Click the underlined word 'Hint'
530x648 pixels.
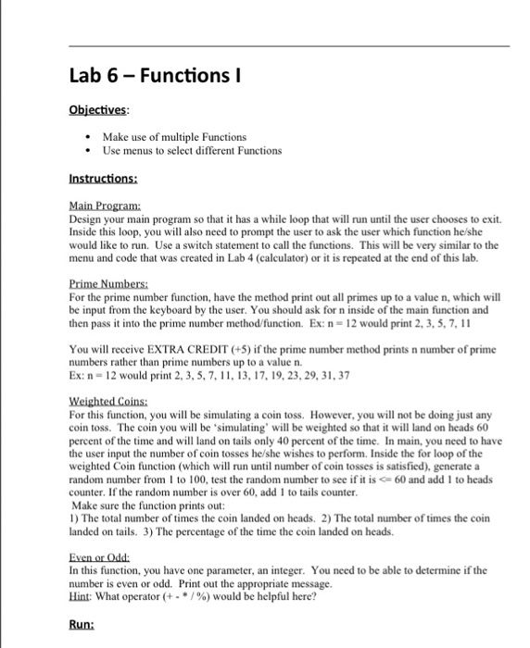[79, 597]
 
